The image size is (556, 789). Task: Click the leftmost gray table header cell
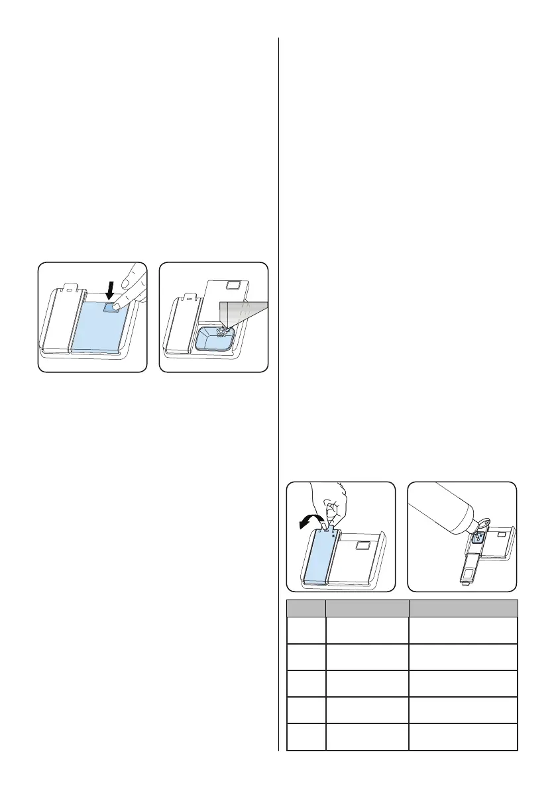[x=306, y=609]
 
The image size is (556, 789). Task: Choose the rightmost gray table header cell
[x=463, y=609]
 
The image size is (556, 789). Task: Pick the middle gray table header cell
[x=367, y=609]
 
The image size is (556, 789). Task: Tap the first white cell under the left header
[x=306, y=630]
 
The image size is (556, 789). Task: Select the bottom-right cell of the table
[x=463, y=736]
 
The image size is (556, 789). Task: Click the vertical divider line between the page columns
[x=279, y=397]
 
